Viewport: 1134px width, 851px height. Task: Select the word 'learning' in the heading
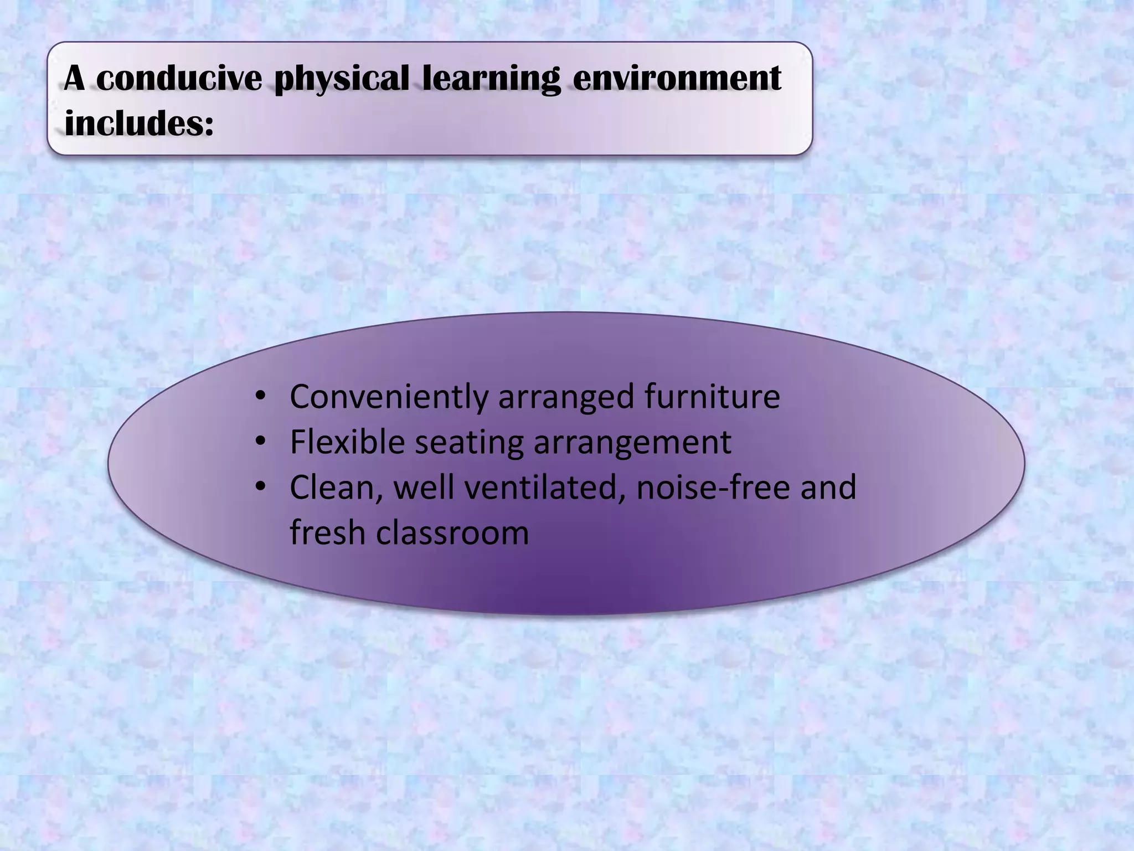(x=491, y=79)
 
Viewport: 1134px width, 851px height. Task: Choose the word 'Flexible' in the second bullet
(x=347, y=442)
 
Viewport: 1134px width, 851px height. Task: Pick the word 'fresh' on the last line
(x=327, y=533)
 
